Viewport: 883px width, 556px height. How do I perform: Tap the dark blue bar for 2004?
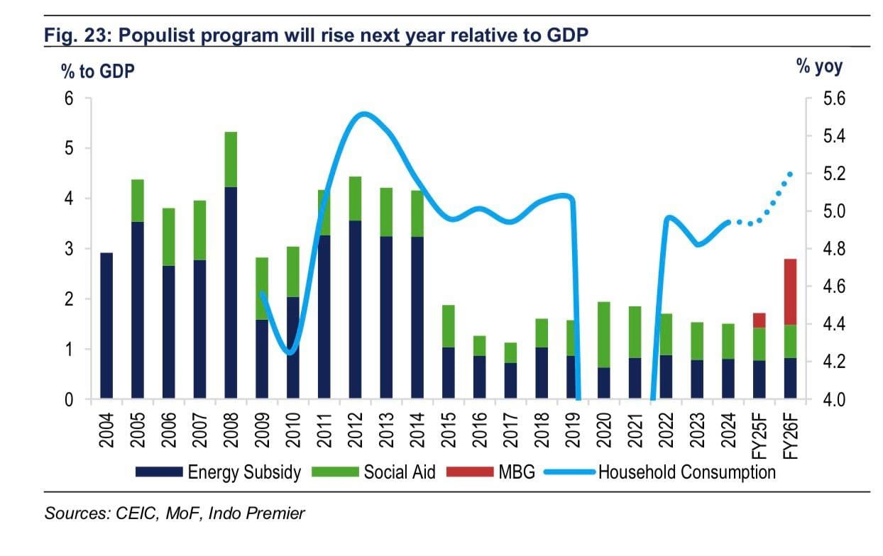point(106,326)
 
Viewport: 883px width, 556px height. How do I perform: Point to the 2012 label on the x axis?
point(356,428)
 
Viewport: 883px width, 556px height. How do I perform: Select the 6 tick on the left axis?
point(69,99)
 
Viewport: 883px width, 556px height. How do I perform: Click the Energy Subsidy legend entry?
point(244,472)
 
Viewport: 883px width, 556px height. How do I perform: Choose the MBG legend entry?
point(516,472)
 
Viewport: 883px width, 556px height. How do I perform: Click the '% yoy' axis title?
point(820,67)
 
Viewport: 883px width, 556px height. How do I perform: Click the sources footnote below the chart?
point(175,513)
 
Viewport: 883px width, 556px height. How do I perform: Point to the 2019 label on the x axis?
point(573,428)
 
